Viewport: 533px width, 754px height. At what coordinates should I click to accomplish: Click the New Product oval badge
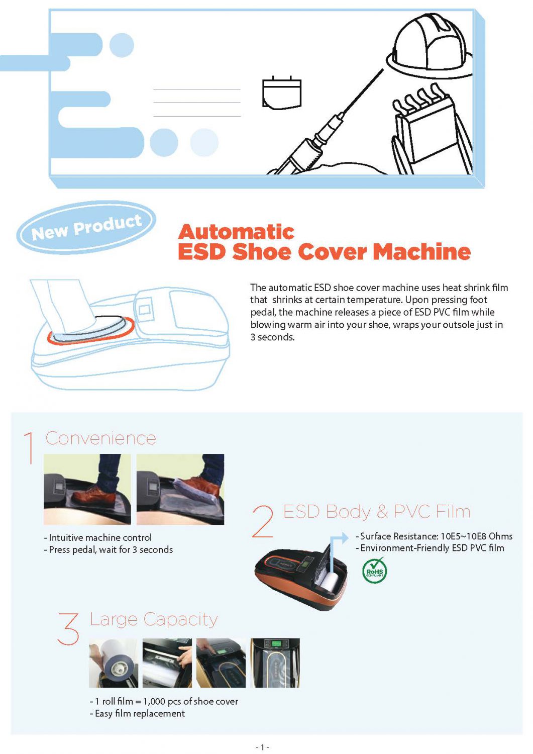click(86, 228)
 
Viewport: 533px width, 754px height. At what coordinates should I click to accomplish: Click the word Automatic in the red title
click(236, 232)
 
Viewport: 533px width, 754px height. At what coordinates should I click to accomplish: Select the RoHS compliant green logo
click(374, 571)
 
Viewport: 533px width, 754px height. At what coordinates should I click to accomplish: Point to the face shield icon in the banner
click(282, 93)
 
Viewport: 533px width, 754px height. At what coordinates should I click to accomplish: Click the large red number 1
click(30, 447)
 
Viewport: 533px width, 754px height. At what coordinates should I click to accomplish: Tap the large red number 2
click(263, 522)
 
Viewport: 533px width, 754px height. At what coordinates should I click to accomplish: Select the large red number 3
click(69, 628)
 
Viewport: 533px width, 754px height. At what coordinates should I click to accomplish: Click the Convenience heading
click(101, 438)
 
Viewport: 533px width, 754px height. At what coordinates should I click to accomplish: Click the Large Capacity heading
click(154, 619)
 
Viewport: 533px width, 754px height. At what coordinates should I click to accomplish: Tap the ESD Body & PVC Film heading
click(377, 512)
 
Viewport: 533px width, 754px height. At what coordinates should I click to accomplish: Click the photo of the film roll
click(113, 663)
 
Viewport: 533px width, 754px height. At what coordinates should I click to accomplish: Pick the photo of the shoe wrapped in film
click(180, 489)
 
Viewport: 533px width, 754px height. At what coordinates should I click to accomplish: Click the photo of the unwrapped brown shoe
click(87, 489)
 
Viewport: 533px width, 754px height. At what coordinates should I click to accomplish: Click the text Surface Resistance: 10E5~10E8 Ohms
click(436, 536)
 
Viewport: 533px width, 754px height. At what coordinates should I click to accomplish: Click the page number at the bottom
click(262, 747)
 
